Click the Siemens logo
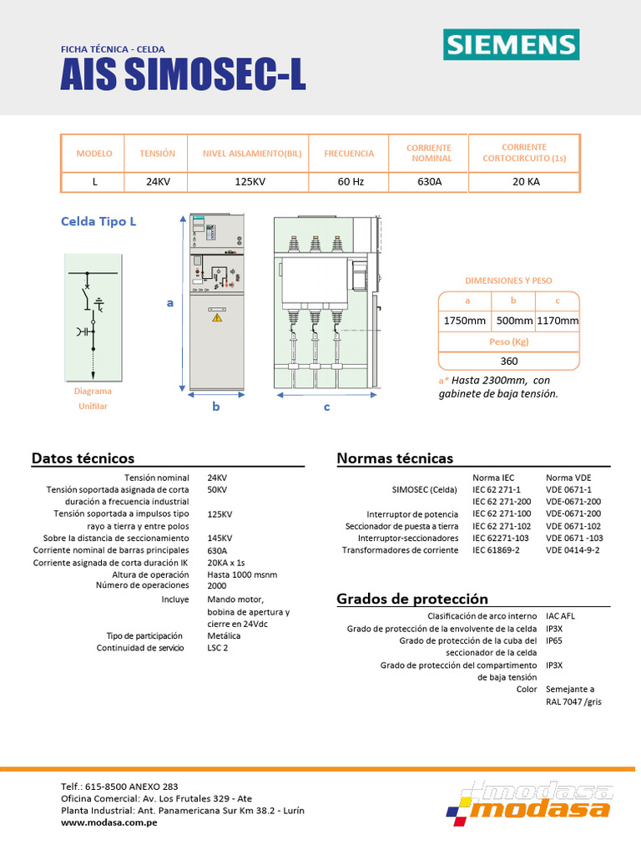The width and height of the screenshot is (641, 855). pos(510,44)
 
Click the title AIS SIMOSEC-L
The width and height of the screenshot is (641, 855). pos(183,77)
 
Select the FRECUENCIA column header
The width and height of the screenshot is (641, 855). pos(349,154)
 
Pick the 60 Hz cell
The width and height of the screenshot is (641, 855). pos(349,181)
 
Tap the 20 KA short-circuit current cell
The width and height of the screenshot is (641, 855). pos(525,181)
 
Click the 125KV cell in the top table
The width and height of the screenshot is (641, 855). pos(249,181)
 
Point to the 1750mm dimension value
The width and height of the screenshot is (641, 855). pos(464,321)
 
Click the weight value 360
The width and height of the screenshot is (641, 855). pos(509,361)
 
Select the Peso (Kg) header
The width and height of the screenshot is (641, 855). pos(509,341)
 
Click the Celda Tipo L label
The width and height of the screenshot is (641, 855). pos(98,221)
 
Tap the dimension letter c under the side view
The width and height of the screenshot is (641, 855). pos(326,407)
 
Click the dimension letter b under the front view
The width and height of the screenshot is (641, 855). pos(215,407)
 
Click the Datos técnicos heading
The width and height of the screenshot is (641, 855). pos(83,458)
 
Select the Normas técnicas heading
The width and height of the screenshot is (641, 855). pos(395,458)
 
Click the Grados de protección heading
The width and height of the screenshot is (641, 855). pos(412,599)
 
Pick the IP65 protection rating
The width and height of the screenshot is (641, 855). pos(554,640)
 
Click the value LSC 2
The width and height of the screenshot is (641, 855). pos(217,648)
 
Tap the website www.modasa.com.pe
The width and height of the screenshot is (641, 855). pos(110,822)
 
